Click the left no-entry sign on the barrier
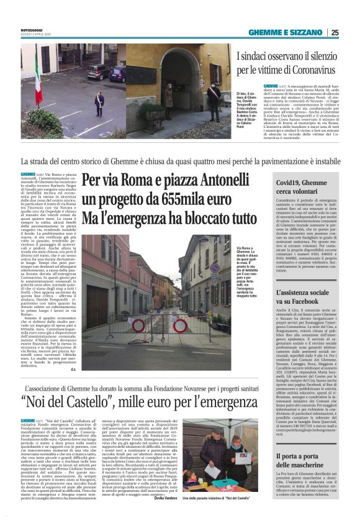coord(138,323)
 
